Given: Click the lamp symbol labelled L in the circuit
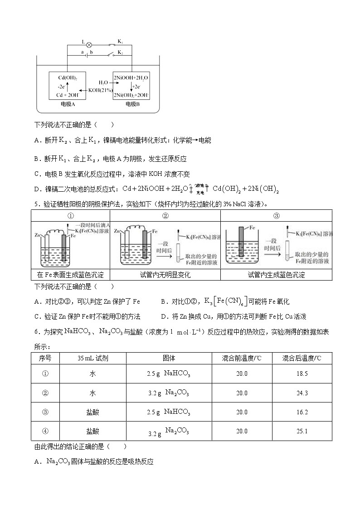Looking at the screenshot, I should tap(89, 45).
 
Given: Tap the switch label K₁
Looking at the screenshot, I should tap(120, 41).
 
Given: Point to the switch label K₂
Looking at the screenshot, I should tap(120, 53).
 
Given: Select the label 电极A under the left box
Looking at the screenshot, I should tap(67, 104).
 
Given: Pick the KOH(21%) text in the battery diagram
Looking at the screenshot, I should tap(100, 90).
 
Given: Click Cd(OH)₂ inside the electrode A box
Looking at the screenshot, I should tap(68, 78).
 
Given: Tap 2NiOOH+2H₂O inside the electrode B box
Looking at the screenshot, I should tap(132, 77).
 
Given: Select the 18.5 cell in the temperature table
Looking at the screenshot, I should tap(302, 373).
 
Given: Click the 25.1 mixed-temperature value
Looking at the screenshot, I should tap(302, 431).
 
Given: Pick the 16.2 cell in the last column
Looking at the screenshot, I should tap(302, 412).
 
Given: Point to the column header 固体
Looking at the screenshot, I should tap(169, 358).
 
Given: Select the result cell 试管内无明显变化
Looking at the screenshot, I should tap(165, 275).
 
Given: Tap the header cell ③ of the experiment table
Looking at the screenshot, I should tap(276, 215).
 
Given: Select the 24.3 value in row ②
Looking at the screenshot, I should tap(302, 393).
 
